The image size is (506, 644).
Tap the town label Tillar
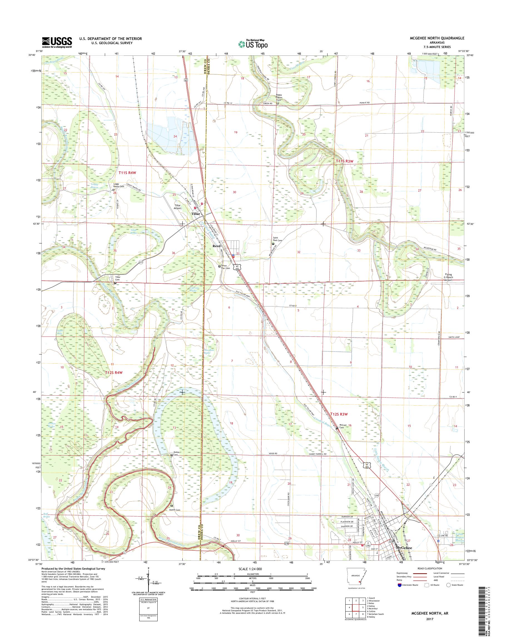(195, 213)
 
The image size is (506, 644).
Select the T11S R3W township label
(345, 161)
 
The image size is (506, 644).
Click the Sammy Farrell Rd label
(318, 462)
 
